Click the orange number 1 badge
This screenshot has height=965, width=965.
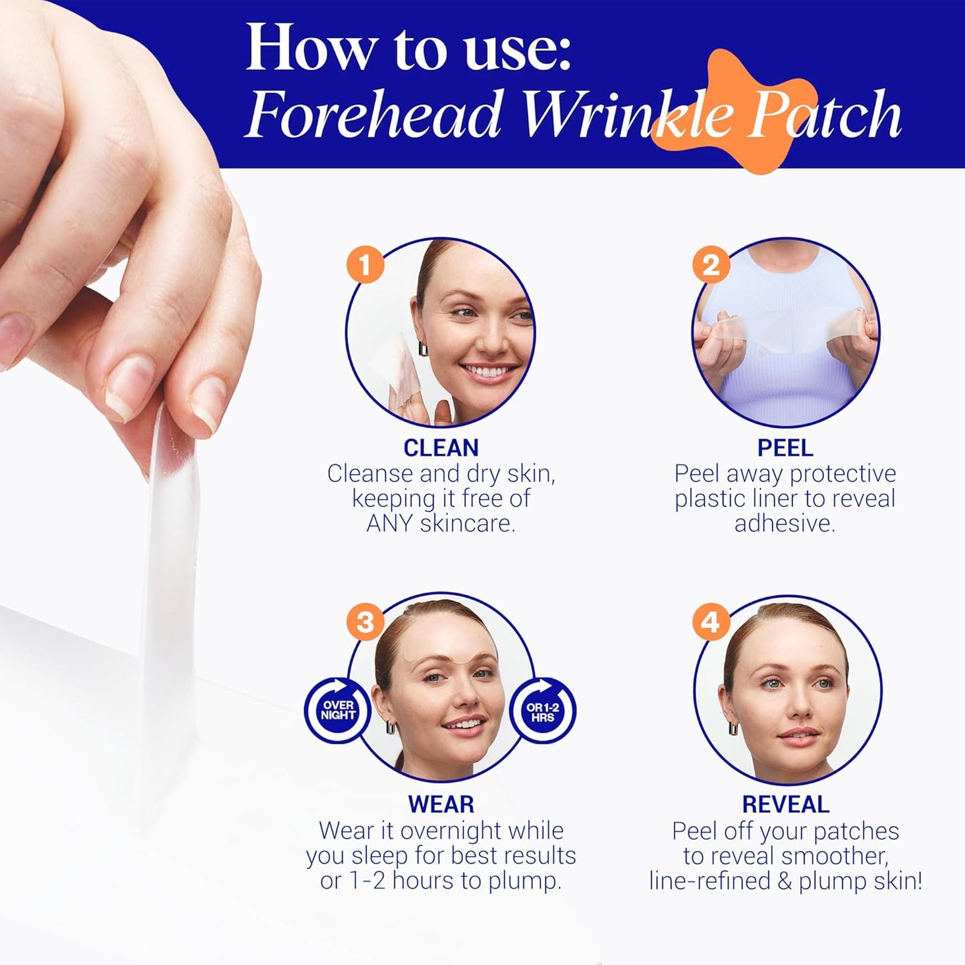365,264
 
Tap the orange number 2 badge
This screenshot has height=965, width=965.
711,264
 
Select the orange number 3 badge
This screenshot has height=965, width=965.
365,622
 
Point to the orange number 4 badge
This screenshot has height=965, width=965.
711,622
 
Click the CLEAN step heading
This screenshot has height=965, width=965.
441,447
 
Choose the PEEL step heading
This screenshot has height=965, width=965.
785,447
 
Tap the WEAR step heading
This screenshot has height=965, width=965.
441,804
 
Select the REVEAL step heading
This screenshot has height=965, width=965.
785,804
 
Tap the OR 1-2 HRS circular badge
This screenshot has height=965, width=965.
542,711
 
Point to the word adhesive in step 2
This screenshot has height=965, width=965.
785,524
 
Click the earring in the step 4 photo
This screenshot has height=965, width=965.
733,727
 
